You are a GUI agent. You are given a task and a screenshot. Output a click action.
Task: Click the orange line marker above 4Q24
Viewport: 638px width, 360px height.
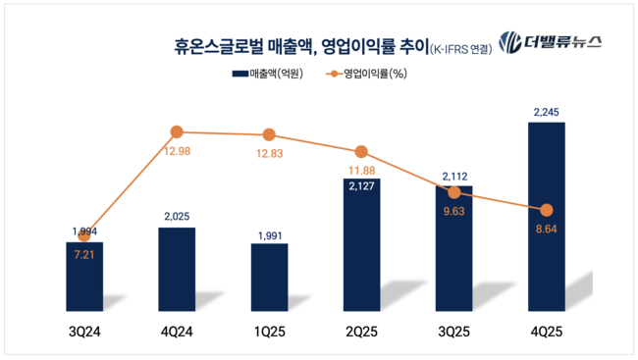click(177, 131)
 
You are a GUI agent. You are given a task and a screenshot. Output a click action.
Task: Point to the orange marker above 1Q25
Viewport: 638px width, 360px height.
click(269, 134)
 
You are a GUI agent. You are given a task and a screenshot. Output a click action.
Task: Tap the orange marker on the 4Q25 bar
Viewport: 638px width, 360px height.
click(547, 210)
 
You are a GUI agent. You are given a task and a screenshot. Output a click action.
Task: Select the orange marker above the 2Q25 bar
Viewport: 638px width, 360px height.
click(361, 152)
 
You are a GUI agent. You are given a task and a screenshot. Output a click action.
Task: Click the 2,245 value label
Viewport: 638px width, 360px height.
click(547, 112)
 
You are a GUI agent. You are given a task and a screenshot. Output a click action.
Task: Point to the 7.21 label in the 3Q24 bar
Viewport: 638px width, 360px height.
click(83, 253)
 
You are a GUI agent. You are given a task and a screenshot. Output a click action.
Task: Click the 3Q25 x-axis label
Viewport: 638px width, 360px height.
click(453, 333)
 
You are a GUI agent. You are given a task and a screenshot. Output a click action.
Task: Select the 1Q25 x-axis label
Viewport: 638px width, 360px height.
click(269, 333)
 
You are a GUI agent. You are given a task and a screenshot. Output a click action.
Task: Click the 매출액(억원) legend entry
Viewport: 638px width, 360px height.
click(267, 74)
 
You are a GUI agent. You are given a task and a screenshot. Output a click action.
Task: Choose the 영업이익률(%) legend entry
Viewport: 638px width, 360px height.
click(364, 74)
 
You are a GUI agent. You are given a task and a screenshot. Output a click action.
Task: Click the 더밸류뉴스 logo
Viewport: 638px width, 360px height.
click(550, 41)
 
